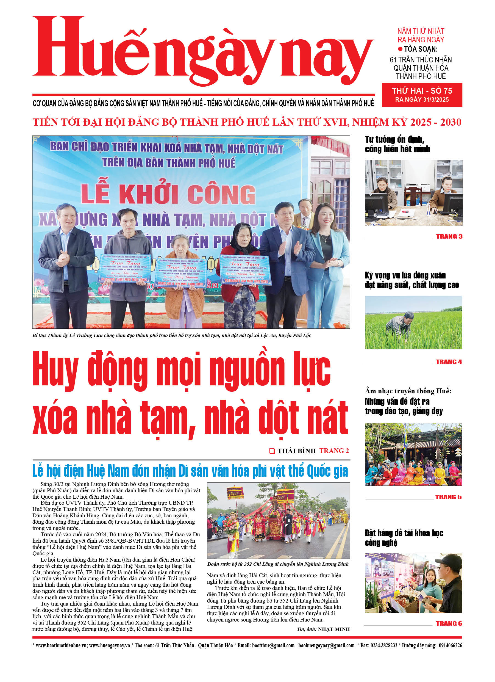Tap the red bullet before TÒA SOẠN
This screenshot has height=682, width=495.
[x=400, y=49]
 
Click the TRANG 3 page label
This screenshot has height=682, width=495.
[x=449, y=236]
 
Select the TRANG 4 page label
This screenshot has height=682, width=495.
[x=449, y=362]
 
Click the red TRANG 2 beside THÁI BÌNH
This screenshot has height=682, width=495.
[x=334, y=451]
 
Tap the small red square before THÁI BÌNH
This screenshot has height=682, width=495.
[x=272, y=451]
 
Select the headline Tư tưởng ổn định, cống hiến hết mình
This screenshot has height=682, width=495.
[x=397, y=144]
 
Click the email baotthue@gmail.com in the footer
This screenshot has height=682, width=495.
[x=273, y=645]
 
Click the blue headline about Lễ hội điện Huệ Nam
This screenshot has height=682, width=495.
[x=190, y=471]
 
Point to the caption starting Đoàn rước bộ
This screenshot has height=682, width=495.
[x=278, y=564]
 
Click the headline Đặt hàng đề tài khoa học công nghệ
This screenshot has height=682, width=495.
[x=404, y=538]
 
